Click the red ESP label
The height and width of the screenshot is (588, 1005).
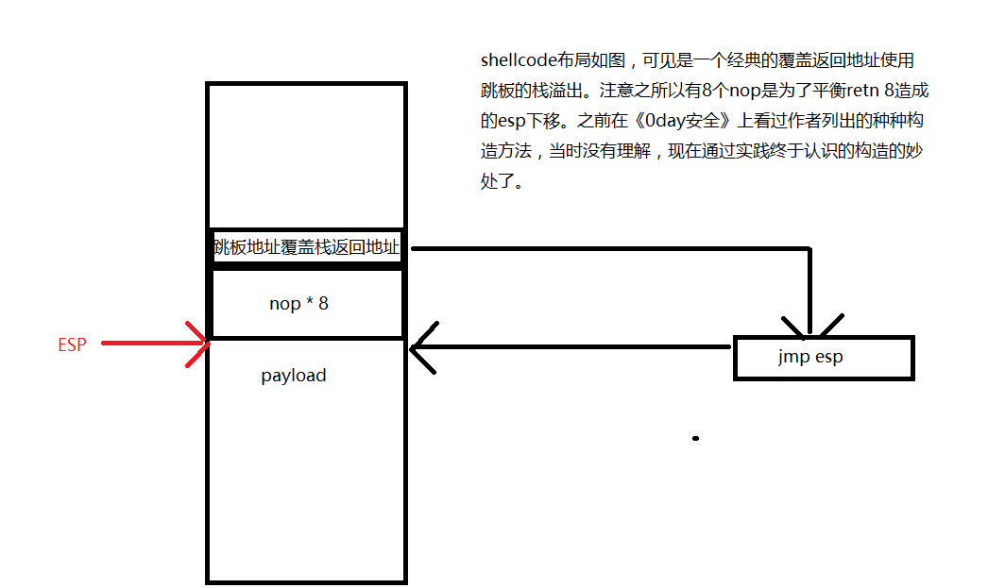72,345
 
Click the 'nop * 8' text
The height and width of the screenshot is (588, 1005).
298,304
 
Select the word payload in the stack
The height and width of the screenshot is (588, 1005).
294,376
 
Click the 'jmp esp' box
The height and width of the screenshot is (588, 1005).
823,358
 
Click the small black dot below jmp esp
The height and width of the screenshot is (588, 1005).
696,439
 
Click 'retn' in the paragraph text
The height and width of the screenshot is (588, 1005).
841,91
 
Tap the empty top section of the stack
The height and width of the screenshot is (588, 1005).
306,156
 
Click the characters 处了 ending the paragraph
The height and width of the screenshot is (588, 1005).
501,181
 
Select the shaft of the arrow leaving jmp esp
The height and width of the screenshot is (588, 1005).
576,347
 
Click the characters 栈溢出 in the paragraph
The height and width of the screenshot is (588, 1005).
542,91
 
